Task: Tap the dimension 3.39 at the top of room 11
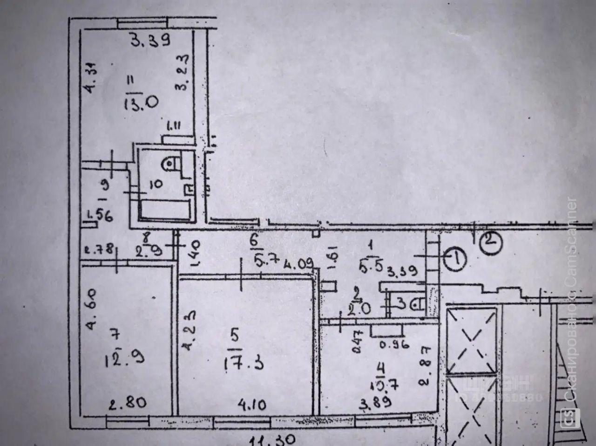150,41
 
